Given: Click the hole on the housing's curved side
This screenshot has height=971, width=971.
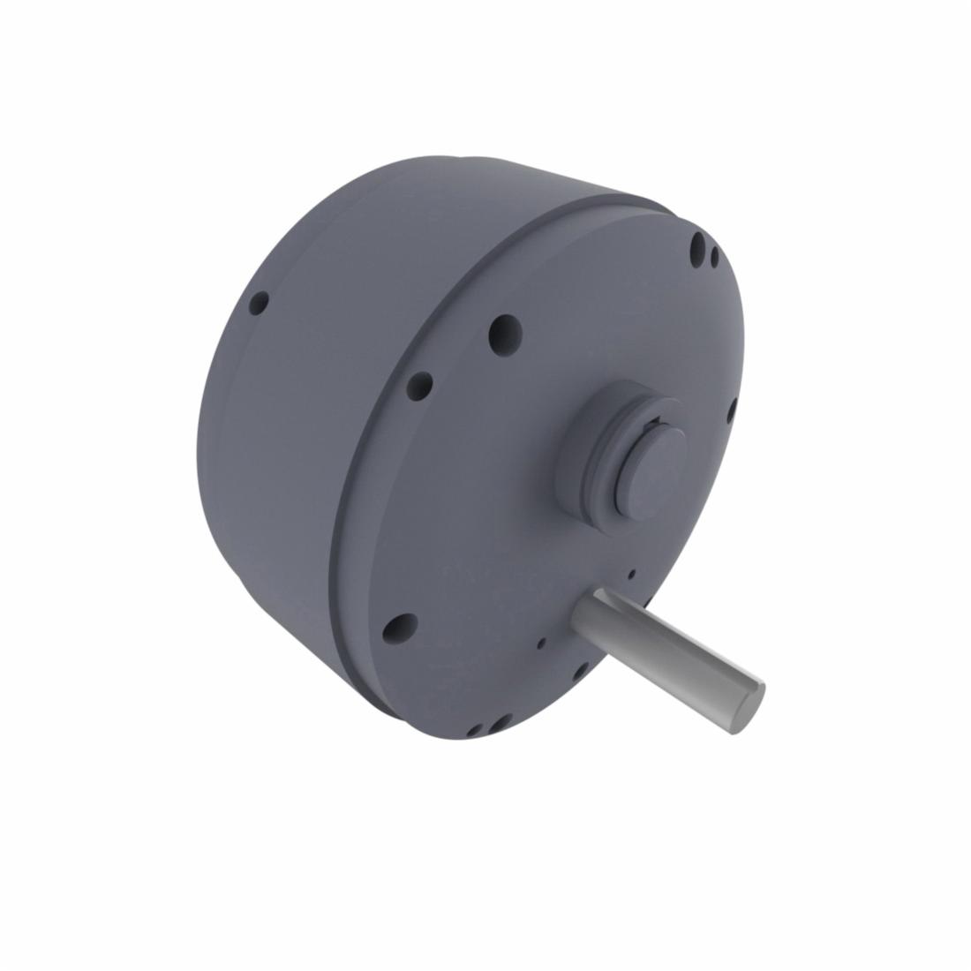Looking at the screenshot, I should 259,305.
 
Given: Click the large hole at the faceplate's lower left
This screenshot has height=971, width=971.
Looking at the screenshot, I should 400,628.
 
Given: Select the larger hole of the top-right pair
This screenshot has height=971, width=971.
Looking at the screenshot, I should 698,243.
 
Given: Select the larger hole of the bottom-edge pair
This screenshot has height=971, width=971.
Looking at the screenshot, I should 499,724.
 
